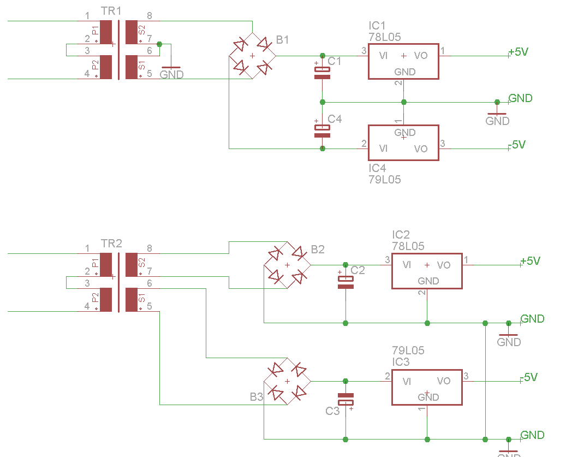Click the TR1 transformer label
112,11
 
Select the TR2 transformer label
112,244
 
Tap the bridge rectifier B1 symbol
252,56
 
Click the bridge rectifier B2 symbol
287,265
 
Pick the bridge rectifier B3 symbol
287,381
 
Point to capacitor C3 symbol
345,399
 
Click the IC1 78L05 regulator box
403,62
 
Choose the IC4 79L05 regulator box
403,143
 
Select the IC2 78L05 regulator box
427,271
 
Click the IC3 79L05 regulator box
427,387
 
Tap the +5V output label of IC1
518,52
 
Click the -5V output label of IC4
517,145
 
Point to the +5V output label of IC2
530,261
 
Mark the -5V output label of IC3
529,377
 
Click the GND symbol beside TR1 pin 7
171,72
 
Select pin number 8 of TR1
149,15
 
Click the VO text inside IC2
444,265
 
